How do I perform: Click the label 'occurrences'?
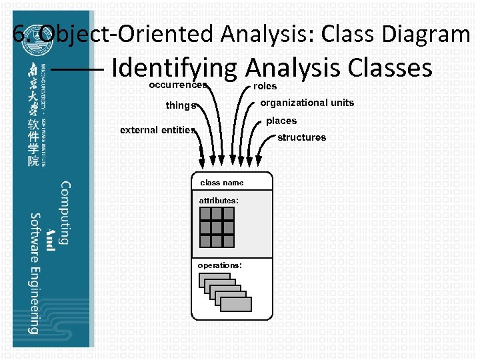pyautogui.click(x=177, y=85)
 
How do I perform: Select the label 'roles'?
pyautogui.click(x=265, y=86)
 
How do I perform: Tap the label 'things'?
pyautogui.click(x=181, y=105)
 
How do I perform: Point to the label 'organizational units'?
pyautogui.click(x=307, y=103)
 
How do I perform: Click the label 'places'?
pyautogui.click(x=281, y=121)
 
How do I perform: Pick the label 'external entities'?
pyautogui.click(x=157, y=130)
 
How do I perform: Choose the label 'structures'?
pyautogui.click(x=301, y=137)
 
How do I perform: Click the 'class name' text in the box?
pyautogui.click(x=222, y=183)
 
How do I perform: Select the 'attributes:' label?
pyautogui.click(x=219, y=200)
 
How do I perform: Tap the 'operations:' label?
pyautogui.click(x=219, y=265)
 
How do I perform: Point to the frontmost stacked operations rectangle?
pyautogui.click(x=236, y=304)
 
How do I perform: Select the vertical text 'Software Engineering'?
pyautogui.click(x=33, y=273)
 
